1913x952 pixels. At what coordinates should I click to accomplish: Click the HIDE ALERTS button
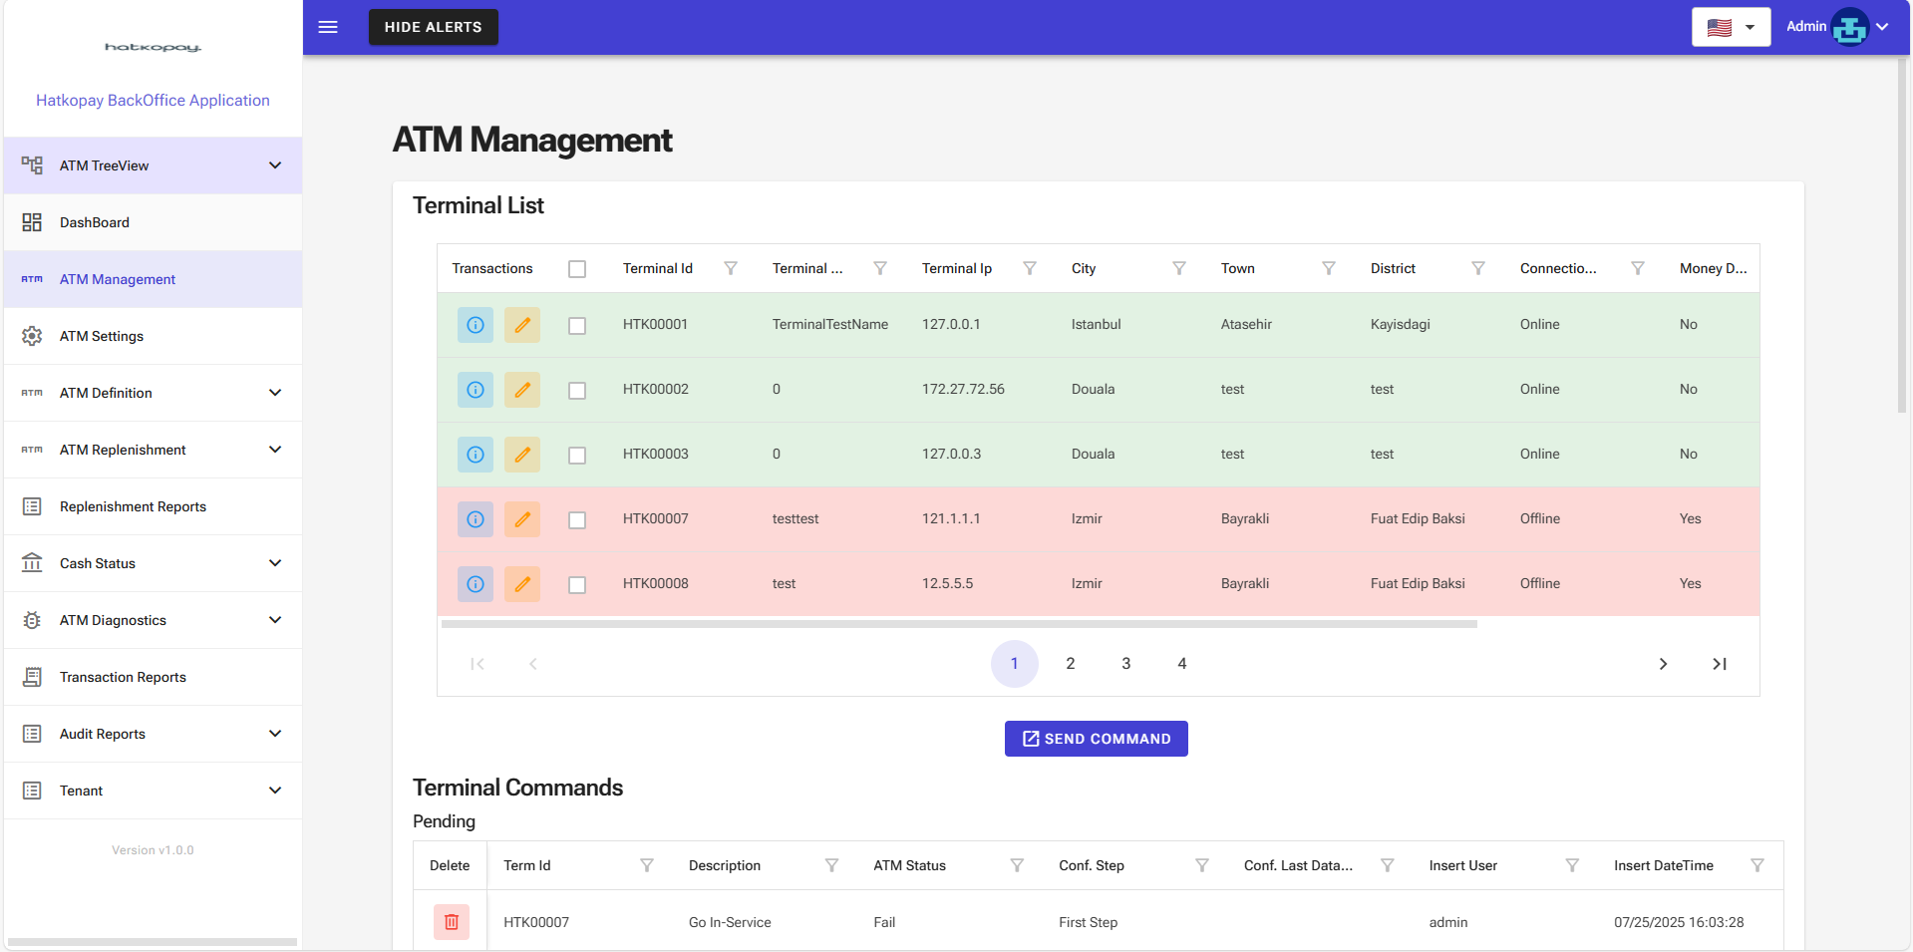(x=433, y=27)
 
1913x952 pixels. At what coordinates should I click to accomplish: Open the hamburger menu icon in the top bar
(x=328, y=27)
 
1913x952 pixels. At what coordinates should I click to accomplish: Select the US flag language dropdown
(x=1731, y=27)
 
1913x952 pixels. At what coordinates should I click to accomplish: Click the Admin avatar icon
(x=1849, y=27)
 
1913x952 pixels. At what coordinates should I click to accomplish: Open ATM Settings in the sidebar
(x=102, y=336)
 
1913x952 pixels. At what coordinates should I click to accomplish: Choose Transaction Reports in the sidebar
(x=123, y=677)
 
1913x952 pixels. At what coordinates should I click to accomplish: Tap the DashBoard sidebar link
(x=95, y=222)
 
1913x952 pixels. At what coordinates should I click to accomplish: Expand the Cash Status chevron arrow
(x=275, y=563)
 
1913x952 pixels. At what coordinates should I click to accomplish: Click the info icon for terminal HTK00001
(x=476, y=325)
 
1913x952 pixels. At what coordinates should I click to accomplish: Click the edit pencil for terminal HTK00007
(x=522, y=519)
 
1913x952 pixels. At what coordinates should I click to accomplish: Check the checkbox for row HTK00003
(x=577, y=455)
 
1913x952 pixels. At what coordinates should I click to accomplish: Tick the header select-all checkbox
(x=577, y=269)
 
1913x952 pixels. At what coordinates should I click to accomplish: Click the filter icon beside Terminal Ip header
(x=1030, y=268)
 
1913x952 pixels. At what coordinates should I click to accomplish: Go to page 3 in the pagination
(x=1126, y=664)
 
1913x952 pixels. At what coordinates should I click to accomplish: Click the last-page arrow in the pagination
(x=1720, y=664)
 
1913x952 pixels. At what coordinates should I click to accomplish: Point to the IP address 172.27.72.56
(x=963, y=389)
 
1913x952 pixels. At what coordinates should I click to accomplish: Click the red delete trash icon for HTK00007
(x=452, y=922)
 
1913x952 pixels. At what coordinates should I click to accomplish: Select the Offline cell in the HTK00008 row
(x=1540, y=583)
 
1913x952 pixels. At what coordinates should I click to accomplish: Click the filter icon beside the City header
(x=1179, y=268)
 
